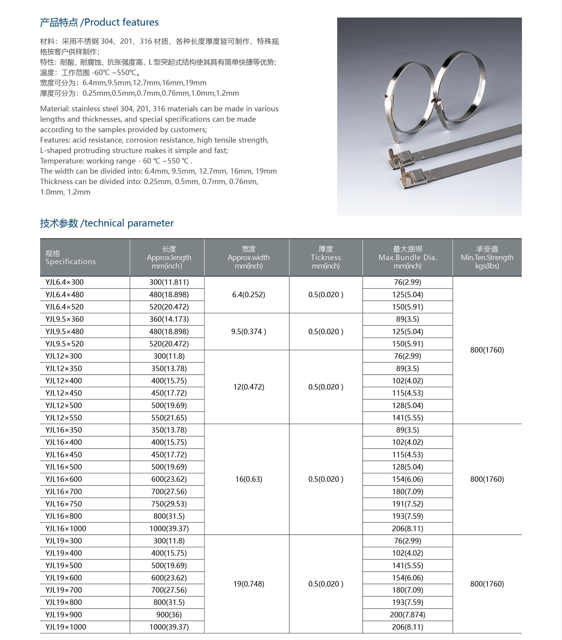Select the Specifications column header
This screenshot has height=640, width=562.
click(70, 257)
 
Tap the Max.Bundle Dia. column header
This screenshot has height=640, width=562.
click(407, 257)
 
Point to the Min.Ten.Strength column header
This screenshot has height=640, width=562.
click(487, 257)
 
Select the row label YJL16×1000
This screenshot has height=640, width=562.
click(66, 528)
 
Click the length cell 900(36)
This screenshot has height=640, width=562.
click(169, 614)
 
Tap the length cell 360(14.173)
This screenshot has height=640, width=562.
click(169, 319)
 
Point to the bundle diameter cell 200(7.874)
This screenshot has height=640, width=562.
click(407, 614)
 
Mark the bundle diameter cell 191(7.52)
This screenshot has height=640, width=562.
click(407, 504)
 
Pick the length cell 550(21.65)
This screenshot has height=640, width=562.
click(169, 417)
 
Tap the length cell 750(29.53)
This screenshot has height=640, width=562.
click(169, 504)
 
